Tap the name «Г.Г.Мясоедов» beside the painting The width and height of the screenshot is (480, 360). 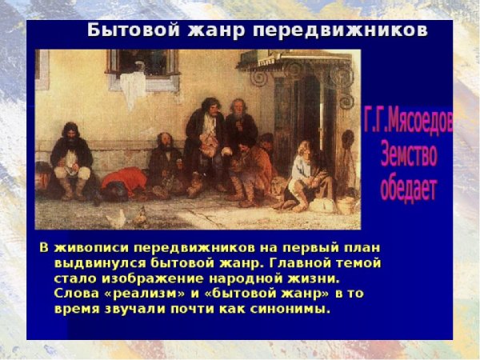pyautogui.click(x=408, y=121)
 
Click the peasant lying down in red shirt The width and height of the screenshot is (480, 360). pyautogui.click(x=121, y=183)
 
